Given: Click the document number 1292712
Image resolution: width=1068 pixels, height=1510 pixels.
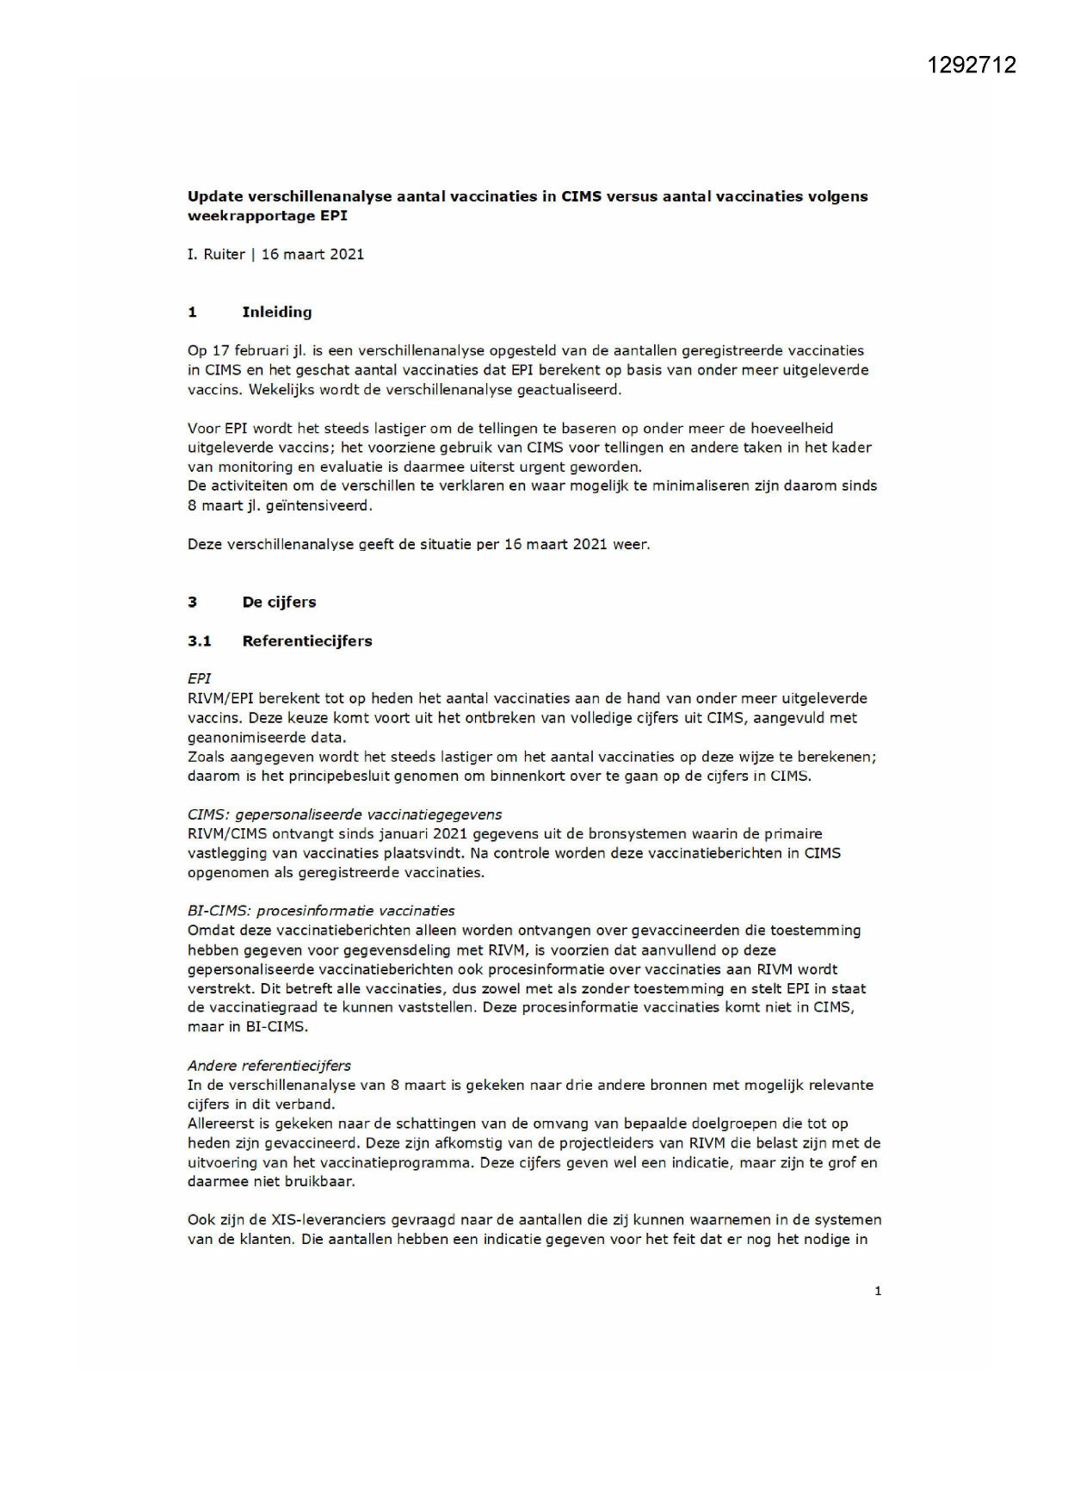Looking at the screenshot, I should [972, 65].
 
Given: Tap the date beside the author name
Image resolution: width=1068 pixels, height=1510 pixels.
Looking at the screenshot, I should [312, 255].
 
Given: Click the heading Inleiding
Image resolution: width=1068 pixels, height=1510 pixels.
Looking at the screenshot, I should [276, 313].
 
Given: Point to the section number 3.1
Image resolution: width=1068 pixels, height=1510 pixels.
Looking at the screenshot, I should [199, 641].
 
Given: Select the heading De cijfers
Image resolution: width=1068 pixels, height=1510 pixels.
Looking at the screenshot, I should [279, 603].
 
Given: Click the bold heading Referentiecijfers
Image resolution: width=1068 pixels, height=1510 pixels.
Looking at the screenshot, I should [306, 641].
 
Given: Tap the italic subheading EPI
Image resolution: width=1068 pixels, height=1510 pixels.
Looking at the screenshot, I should [199, 678].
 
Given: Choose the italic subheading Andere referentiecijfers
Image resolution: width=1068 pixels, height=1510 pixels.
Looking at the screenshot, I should [269, 1066].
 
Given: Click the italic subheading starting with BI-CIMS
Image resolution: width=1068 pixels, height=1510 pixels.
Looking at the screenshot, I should [321, 911].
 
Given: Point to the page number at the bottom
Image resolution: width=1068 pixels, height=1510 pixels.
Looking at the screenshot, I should [878, 1290].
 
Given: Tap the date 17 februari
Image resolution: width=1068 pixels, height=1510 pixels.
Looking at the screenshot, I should [253, 351].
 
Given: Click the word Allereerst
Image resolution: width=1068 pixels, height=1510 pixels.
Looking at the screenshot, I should [219, 1123].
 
